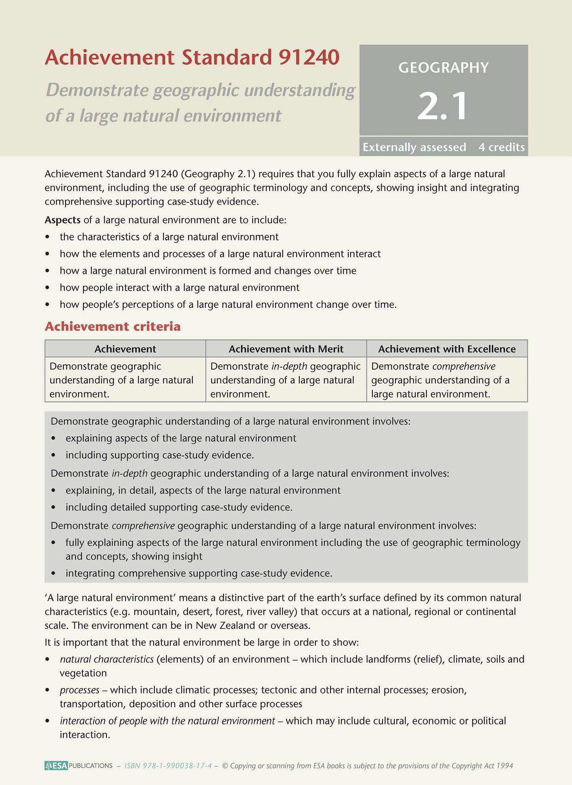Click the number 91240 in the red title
click(309, 57)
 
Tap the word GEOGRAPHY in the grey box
click(443, 68)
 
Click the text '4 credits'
click(501, 147)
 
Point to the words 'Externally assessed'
click(414, 147)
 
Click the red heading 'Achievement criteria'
click(113, 326)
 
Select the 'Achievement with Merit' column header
click(286, 349)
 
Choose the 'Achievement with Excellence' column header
click(447, 349)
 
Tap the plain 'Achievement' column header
click(125, 349)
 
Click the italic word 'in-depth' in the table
click(289, 366)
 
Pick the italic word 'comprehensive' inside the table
click(464, 366)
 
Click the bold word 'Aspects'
click(63, 220)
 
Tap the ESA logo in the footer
click(56, 766)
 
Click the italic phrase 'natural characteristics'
click(106, 659)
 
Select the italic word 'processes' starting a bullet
click(80, 690)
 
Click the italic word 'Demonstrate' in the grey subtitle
click(97, 91)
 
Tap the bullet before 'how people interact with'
click(48, 288)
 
